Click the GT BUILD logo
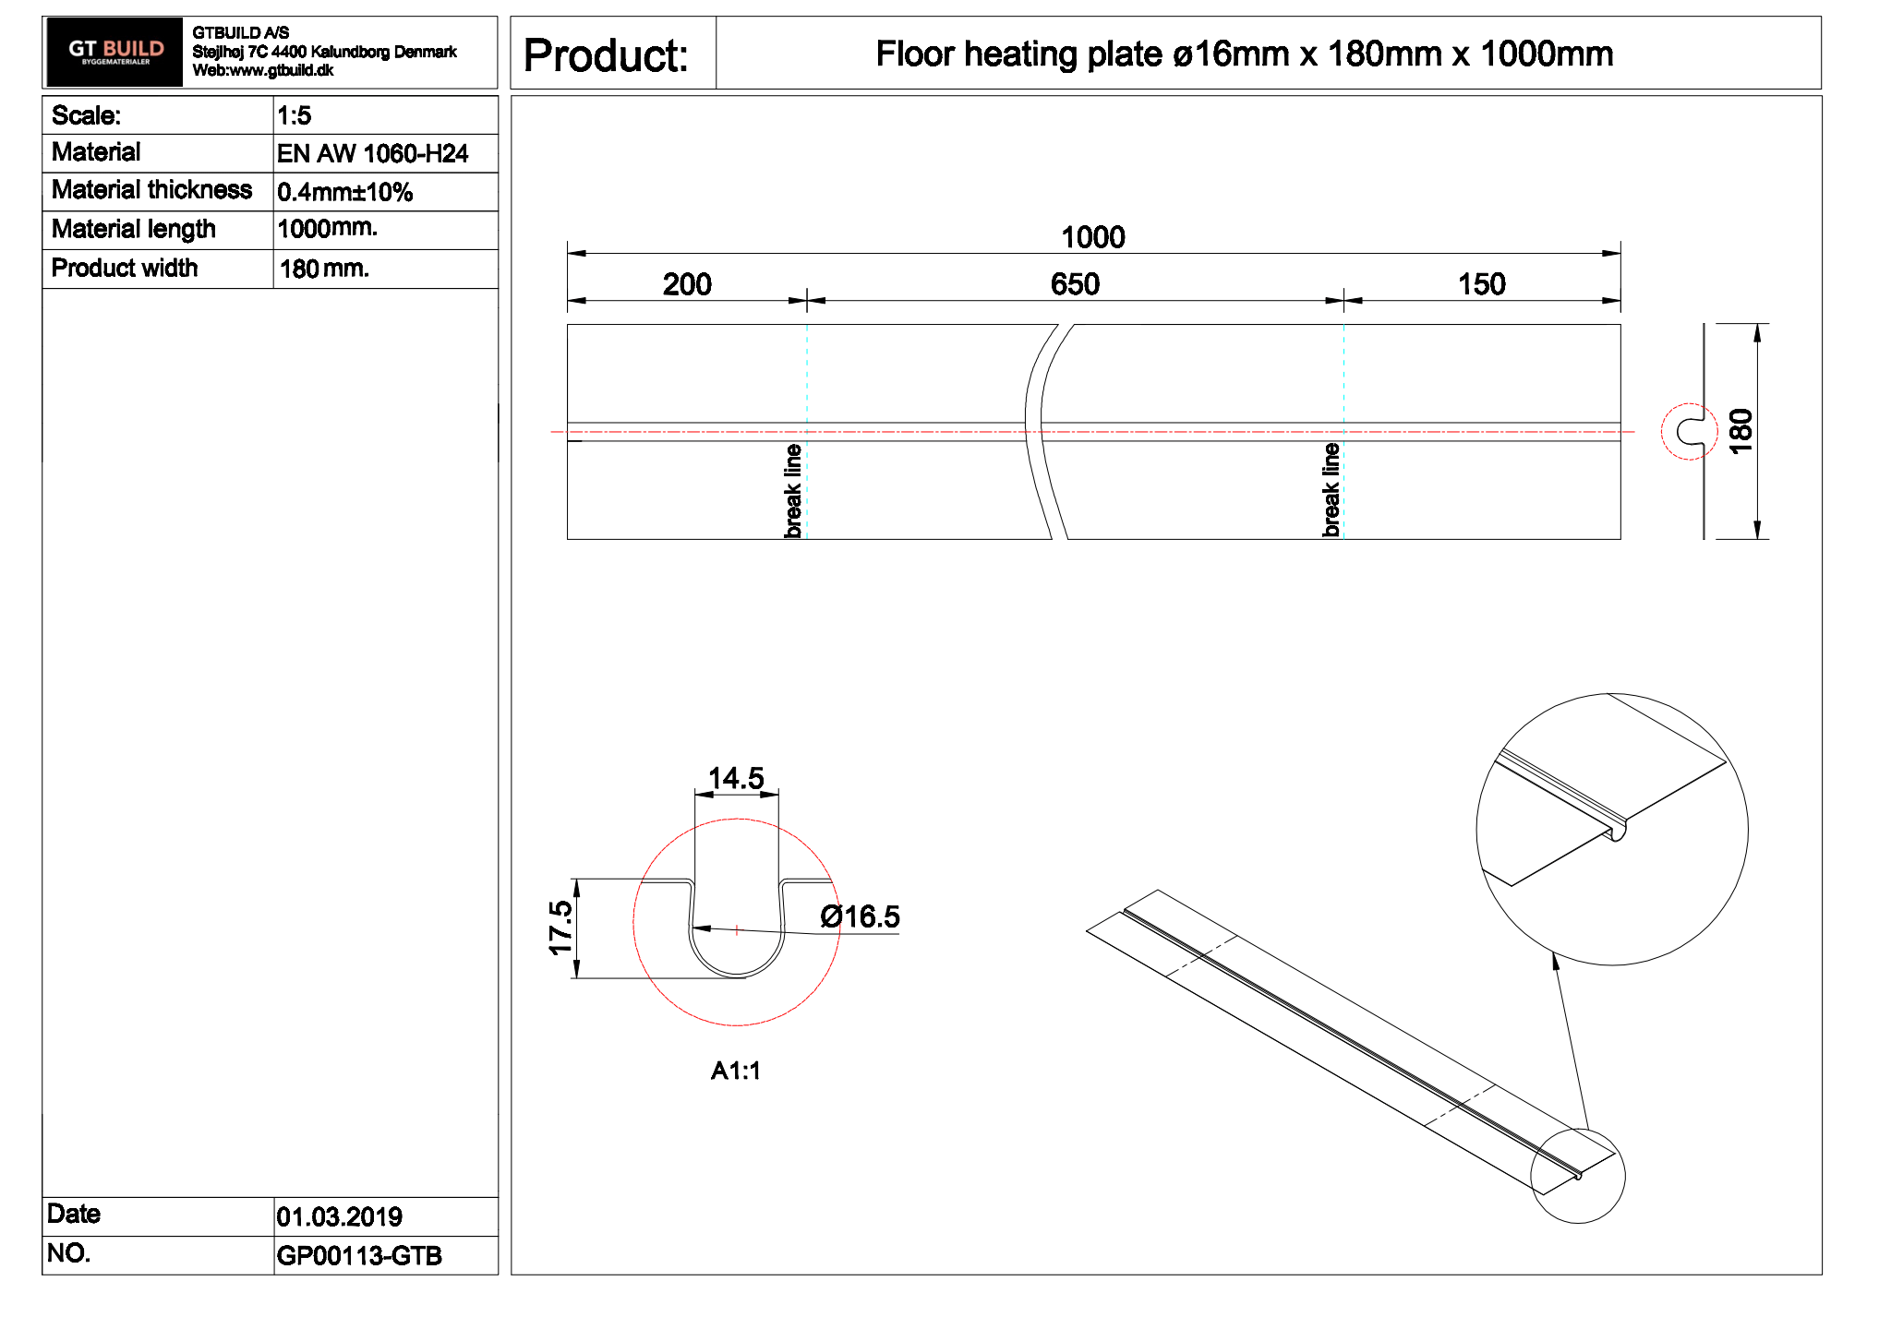[114, 52]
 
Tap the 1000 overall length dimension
[1092, 237]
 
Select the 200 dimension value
[686, 284]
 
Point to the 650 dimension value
[1075, 284]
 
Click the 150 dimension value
[1481, 284]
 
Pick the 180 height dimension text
[1740, 431]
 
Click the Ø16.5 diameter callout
[860, 916]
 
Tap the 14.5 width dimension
[736, 778]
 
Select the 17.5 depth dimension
[560, 928]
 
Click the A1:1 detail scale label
[735, 1071]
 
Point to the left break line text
[792, 490]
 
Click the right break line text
[1331, 489]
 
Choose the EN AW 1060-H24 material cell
[372, 153]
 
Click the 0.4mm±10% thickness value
[344, 192]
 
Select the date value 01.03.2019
[339, 1216]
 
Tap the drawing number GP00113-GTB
[358, 1255]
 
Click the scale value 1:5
[294, 115]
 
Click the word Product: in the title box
[606, 54]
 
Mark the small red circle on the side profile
[1689, 431]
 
